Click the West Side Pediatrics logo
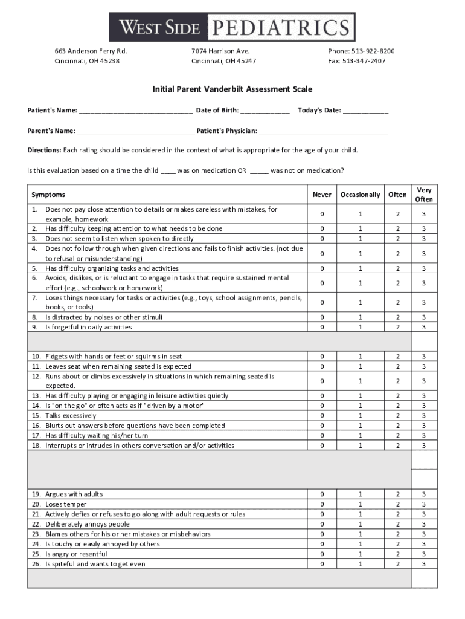232,27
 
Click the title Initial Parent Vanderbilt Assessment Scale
232,89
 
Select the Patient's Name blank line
136,111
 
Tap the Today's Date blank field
365,111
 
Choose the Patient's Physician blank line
323,131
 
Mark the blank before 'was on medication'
168,171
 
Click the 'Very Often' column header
424,195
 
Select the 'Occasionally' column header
361,195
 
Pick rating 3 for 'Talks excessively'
424,416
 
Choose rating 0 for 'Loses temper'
322,504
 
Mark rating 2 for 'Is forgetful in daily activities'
397,327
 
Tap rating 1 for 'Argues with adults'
361,494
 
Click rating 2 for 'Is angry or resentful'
397,554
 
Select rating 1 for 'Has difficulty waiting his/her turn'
361,436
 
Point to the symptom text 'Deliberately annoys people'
88,524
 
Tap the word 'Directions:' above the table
44,151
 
